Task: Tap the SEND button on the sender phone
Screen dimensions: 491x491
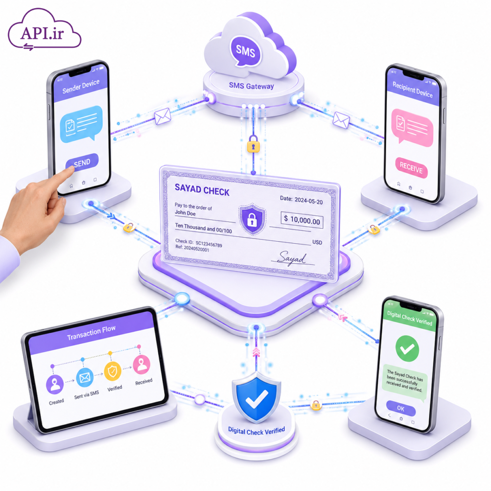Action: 82,162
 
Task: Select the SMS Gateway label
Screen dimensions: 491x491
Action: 251,86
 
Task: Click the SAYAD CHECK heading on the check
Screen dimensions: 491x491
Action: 202,190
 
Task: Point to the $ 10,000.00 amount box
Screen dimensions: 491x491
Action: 302,220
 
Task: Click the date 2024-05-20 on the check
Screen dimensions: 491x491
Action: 308,201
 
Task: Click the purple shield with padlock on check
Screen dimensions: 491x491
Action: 252,219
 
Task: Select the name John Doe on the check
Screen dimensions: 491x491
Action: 185,213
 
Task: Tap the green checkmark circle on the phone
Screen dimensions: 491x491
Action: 407,349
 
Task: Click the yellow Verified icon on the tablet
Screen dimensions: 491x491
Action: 112,372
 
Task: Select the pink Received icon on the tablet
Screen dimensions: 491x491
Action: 141,364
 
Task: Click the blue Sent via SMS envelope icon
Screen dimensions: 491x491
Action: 84,378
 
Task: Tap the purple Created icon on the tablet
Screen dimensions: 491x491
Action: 55,385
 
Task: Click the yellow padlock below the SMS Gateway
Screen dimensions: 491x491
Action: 253,144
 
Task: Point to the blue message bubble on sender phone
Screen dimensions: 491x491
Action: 82,124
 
